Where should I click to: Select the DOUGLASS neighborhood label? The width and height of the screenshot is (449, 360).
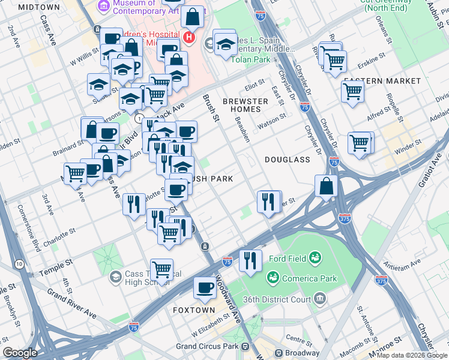coord(287,160)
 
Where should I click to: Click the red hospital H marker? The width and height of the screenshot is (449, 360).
coord(189,38)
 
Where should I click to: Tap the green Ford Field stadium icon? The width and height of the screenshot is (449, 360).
coord(314,259)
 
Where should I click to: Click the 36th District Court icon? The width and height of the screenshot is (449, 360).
coord(320,299)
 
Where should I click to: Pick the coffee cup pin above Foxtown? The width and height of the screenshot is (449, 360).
coord(205,289)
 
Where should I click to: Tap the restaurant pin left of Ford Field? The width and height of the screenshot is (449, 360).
coord(250,260)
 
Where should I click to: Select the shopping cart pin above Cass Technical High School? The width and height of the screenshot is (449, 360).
coord(161,270)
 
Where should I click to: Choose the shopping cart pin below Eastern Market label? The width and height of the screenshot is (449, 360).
coord(353,92)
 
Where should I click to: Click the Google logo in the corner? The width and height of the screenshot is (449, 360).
coord(20,353)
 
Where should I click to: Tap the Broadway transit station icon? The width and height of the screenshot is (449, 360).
coord(279,353)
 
